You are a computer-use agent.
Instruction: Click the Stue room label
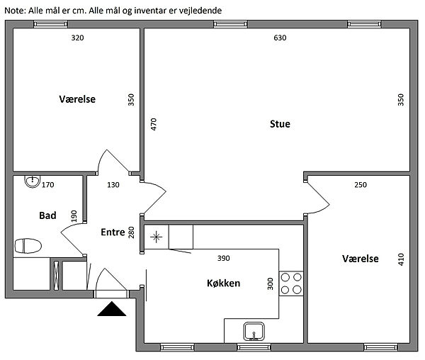click(280, 124)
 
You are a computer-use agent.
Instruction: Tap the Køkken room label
click(224, 283)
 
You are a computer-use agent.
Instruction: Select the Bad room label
click(47, 215)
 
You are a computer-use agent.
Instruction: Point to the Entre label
click(113, 232)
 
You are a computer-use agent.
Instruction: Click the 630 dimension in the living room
click(280, 38)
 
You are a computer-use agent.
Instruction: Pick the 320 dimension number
click(77, 38)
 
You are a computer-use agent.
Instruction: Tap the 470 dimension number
click(154, 125)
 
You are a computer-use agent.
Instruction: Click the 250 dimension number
click(361, 185)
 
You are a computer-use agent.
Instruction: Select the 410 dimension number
click(401, 259)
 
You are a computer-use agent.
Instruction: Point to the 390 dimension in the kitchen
click(224, 259)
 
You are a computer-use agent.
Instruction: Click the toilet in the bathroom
click(28, 246)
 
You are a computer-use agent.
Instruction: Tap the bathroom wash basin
click(33, 181)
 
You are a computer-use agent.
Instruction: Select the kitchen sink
click(254, 331)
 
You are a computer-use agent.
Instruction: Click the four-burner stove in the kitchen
click(291, 283)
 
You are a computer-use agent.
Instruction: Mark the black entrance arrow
click(112, 309)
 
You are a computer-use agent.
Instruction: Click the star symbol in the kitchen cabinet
click(157, 237)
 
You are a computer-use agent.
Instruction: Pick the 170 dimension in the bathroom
click(48, 185)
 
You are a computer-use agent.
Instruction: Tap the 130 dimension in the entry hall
click(113, 185)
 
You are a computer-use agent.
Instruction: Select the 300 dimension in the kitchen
click(271, 284)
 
